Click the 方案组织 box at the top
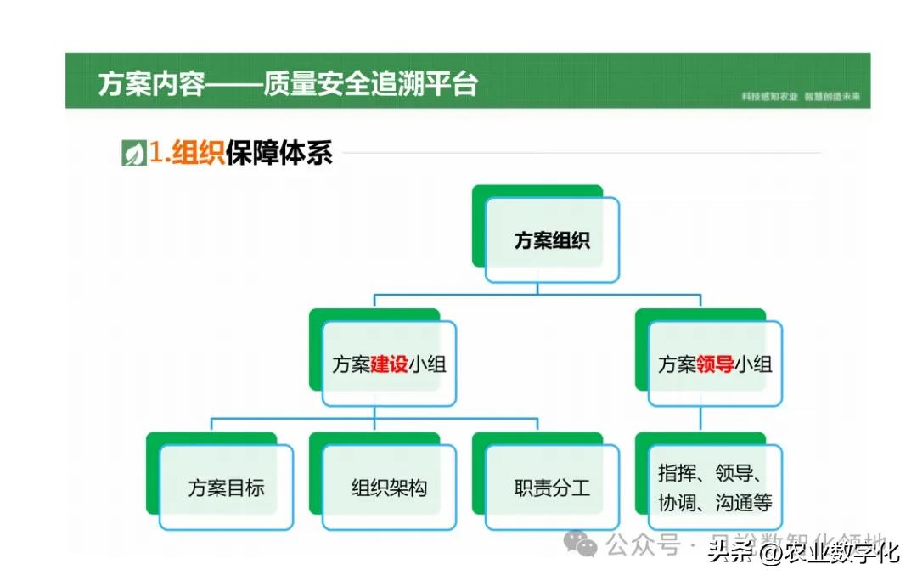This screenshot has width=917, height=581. coord(552,240)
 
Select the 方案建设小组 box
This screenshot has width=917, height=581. coord(389,365)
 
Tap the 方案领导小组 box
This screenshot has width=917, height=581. coord(715,365)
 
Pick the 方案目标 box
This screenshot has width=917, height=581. coord(226,488)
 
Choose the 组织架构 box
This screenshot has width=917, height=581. coord(389,488)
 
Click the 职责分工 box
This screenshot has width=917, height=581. coord(552,488)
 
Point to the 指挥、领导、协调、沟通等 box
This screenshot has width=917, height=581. coord(715,488)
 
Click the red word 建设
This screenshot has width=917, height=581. coord(389,365)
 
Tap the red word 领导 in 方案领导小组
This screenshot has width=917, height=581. coord(715,365)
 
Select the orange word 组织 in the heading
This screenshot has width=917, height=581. coord(198,154)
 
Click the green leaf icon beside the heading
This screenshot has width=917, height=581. coord(133,154)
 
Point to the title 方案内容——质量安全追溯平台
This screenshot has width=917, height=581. coord(288,84)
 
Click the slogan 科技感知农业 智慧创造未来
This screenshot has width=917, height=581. coord(802,97)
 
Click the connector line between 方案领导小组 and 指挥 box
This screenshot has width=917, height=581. coord(700,419)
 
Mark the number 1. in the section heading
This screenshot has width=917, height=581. coord(160,154)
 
